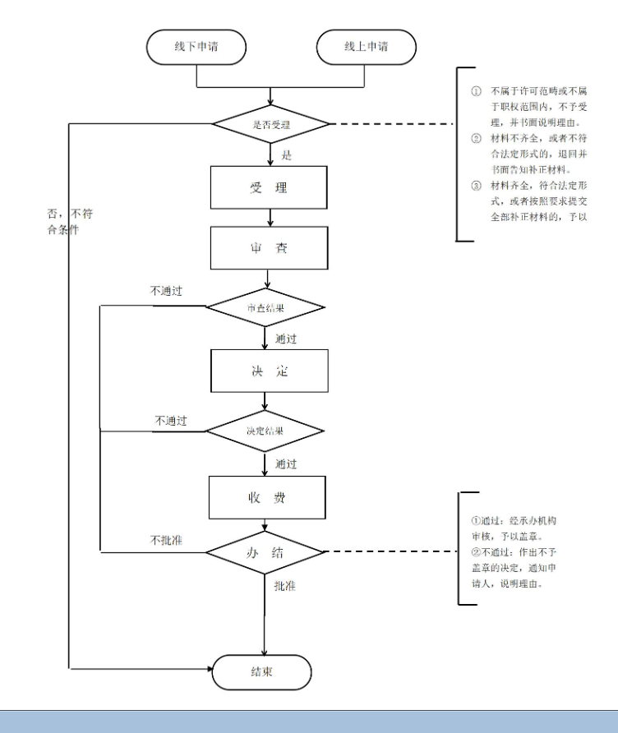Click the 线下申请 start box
pyautogui.click(x=196, y=46)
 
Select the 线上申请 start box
pyautogui.click(x=366, y=46)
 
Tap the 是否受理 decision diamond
pyautogui.click(x=271, y=124)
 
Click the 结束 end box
pyautogui.click(x=263, y=671)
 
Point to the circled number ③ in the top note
pyautogui.click(x=475, y=185)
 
